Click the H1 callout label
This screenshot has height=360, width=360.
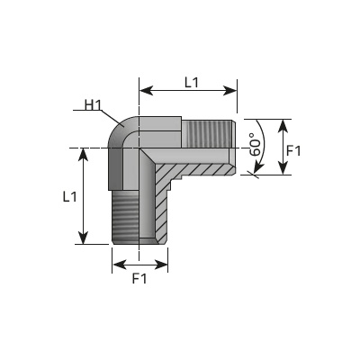(94, 105)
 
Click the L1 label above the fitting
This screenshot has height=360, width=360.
(192, 83)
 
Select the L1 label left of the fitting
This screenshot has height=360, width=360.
(69, 197)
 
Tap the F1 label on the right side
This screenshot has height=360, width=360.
(293, 150)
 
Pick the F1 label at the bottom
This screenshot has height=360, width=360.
(139, 279)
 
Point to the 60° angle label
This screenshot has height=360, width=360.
(256, 145)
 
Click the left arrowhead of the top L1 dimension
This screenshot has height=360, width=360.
(147, 90)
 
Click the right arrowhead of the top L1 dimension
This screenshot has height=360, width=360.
(229, 90)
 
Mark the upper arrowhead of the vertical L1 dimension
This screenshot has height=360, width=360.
(84, 155)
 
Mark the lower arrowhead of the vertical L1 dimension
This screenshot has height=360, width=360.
(84, 237)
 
